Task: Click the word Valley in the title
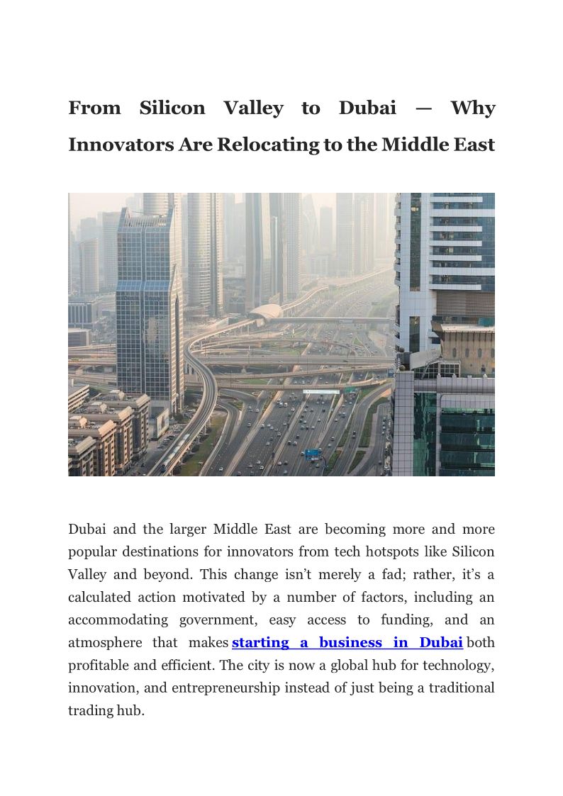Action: pos(253,108)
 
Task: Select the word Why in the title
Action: pos(473,108)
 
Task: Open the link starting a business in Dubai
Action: pos(347,643)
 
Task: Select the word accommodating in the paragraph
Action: pos(118,620)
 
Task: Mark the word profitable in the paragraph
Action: pos(101,666)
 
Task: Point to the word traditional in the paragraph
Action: pos(457,688)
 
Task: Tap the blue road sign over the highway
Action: pos(313,454)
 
